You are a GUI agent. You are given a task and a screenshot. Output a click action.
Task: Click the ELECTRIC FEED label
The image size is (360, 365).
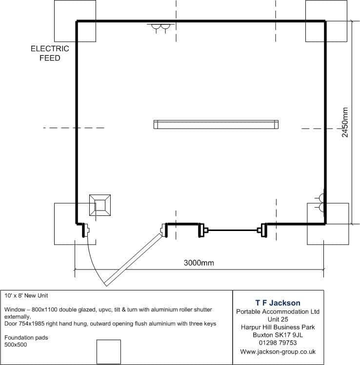tap(50, 53)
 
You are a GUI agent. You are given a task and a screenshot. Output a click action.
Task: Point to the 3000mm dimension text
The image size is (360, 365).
tap(199, 263)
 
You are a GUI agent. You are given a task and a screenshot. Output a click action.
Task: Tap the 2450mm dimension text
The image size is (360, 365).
tap(345, 122)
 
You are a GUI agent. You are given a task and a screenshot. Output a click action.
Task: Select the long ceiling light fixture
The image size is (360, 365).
tap(216, 125)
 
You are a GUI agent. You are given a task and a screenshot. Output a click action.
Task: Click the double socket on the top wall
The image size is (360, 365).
tap(161, 27)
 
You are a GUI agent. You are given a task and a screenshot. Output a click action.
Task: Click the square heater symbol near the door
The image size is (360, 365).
tap(100, 205)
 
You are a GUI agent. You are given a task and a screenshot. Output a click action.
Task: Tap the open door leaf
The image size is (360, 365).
tap(133, 260)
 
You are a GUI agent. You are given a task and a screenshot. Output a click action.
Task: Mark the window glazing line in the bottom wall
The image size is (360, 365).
tap(233, 230)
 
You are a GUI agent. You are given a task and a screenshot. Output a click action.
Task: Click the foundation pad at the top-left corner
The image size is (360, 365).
tap(75, 21)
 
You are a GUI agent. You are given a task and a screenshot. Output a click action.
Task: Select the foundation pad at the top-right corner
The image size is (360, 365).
tap(326, 21)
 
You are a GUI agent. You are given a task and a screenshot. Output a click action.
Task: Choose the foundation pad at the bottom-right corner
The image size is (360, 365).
tap(328, 224)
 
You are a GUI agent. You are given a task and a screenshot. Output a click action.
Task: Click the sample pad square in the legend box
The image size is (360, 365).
tap(109, 352)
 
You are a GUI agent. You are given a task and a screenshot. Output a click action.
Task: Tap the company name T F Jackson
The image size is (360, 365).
tap(278, 303)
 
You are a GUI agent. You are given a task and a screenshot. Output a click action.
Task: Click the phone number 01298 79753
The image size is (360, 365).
tap(278, 343)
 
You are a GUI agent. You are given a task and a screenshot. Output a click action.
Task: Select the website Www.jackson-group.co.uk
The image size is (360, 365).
tap(278, 351)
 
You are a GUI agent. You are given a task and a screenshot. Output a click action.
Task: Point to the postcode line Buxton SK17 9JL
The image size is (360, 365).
tap(278, 335)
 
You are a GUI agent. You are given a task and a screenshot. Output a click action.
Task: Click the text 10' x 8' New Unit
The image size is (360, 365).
tap(26, 296)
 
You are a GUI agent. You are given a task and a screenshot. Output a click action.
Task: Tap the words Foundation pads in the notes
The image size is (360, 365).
tap(26, 338)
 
